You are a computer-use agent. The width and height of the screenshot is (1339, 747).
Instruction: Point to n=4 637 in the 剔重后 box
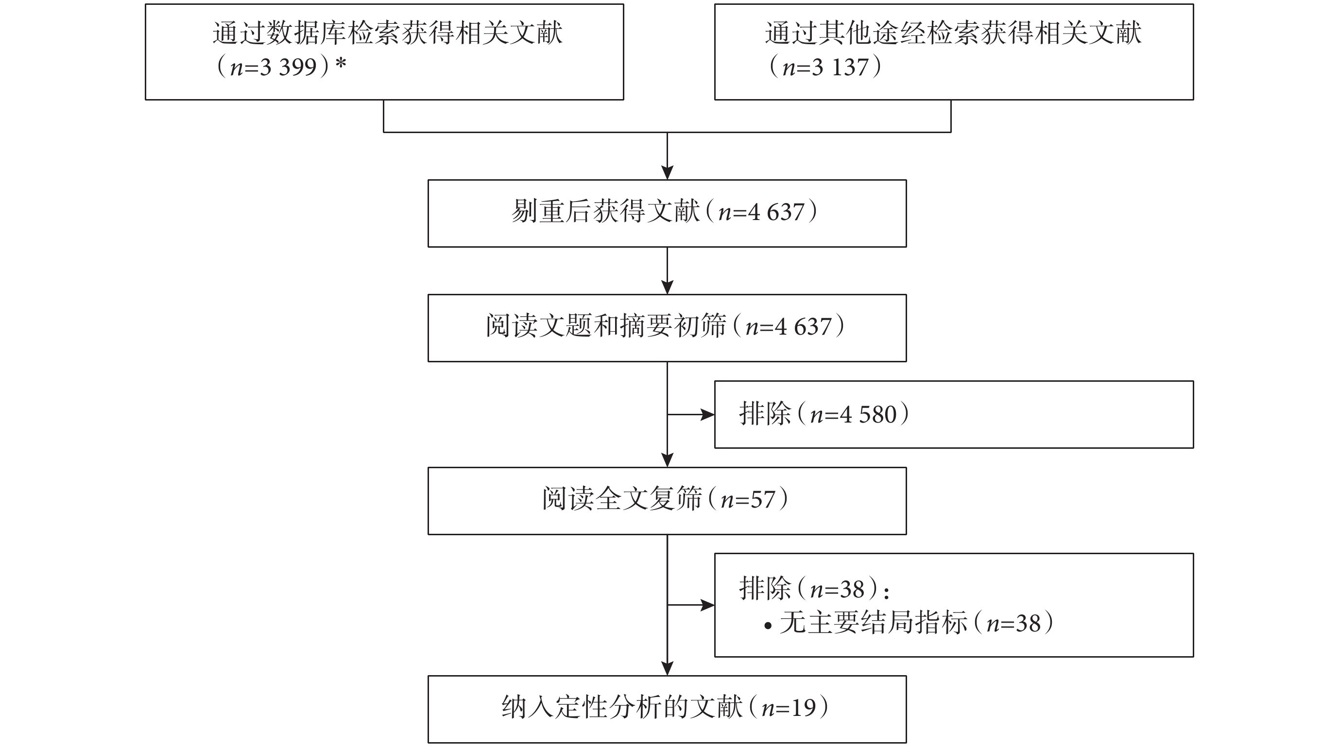[x=761, y=212]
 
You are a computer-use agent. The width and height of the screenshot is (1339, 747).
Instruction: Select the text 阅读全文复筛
[x=622, y=499]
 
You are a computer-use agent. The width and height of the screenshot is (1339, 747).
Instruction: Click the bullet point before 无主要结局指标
[x=768, y=627]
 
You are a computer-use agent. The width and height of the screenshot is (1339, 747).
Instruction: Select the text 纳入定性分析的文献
[x=622, y=708]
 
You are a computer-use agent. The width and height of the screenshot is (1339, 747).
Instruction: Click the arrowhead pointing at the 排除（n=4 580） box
[x=707, y=414]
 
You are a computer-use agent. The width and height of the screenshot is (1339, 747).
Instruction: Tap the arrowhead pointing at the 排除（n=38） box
[x=707, y=605]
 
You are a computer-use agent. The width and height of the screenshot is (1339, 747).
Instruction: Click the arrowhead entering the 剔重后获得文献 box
[x=668, y=173]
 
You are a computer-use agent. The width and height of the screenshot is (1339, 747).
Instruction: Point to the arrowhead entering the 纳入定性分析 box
[x=668, y=668]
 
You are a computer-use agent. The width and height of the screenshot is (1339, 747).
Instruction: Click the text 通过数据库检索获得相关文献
[x=388, y=33]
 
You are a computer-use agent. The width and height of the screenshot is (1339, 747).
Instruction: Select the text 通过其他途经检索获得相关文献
[x=953, y=33]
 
